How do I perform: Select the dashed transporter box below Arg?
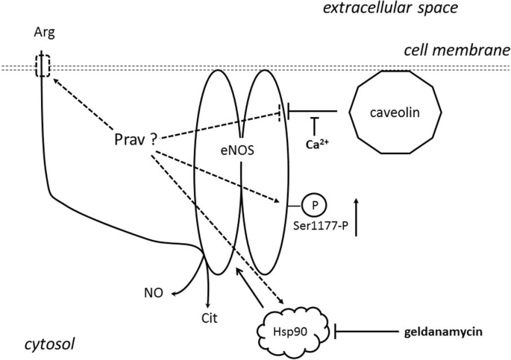[43, 66]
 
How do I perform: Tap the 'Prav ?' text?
[134, 139]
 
